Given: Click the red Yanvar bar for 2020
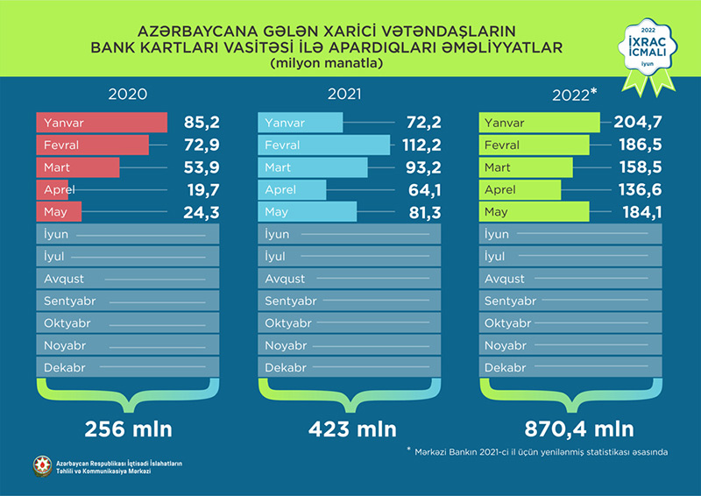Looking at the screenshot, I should tap(102, 123).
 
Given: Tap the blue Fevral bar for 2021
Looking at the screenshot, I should tap(324, 145).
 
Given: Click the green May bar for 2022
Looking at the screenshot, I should tap(535, 212).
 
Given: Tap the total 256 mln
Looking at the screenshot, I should tap(128, 429).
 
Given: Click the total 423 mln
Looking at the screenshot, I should tap(352, 429).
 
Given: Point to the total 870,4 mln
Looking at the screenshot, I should tap(578, 429).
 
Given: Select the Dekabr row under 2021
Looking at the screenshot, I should tap(346, 368).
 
